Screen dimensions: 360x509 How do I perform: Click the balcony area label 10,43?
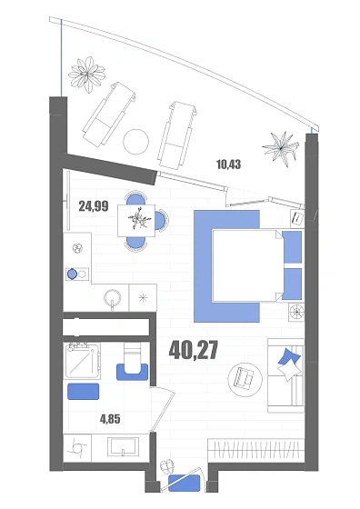point(228,165)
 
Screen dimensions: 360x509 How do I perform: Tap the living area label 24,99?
point(94,206)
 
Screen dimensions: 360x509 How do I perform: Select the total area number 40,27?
point(193,350)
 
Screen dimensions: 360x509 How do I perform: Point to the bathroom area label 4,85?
point(110,419)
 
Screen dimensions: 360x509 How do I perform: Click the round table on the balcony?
point(136,142)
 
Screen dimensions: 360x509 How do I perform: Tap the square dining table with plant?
point(136,220)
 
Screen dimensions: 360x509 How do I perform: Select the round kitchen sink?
point(113,297)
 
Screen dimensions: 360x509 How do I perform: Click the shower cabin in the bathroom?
point(82,361)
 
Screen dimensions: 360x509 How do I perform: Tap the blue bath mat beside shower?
point(83,391)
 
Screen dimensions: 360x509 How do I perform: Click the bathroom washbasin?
point(123,449)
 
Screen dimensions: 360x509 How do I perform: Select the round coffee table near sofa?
point(245,380)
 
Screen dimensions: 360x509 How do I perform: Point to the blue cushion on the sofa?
point(289,357)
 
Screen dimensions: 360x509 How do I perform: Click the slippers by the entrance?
point(167,467)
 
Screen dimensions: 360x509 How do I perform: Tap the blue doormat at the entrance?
point(185,483)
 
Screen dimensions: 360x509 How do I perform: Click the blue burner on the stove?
point(72,274)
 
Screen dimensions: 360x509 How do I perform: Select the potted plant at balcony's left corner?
point(87,75)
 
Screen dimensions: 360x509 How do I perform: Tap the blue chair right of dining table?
point(163,221)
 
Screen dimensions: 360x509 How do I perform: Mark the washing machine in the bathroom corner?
point(77,448)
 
